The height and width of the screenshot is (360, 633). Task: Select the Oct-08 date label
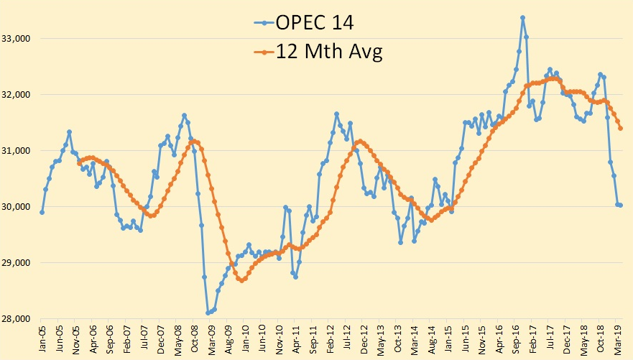[x=195, y=338]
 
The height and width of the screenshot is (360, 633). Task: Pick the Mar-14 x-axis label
[x=416, y=338]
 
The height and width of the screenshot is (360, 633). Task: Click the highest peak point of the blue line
[x=522, y=17]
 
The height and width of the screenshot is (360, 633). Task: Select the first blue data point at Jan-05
[x=42, y=212]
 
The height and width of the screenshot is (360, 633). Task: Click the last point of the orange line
[x=620, y=128]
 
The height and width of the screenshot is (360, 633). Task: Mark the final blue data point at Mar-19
[x=620, y=205]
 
